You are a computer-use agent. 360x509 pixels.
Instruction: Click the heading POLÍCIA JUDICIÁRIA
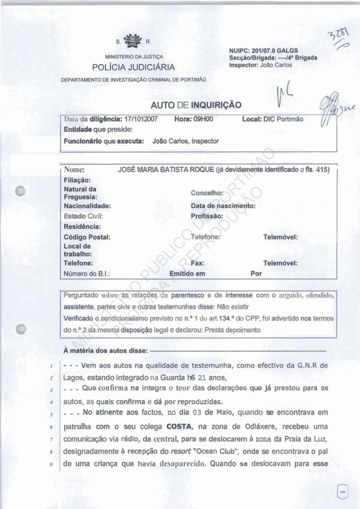pos(134,67)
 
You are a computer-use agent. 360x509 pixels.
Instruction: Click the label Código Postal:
pos(87,237)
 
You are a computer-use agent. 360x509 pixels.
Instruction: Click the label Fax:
pos(197,263)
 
